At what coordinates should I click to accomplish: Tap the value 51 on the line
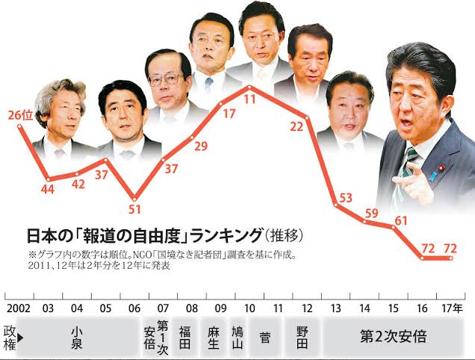point(135,208)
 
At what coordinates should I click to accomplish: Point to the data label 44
point(47,190)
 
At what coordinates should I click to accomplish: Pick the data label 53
point(345,199)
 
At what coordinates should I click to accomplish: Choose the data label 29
point(201,146)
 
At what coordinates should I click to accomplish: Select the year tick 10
point(248,308)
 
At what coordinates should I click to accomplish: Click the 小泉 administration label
point(76,337)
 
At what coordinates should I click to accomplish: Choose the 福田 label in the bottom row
point(192,338)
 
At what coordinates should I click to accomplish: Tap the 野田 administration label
point(302,338)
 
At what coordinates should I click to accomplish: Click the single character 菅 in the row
point(265,338)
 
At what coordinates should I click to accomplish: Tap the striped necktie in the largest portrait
point(409,168)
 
